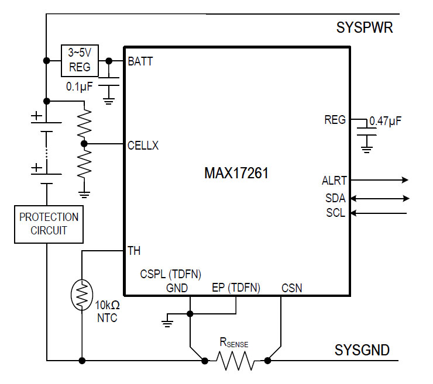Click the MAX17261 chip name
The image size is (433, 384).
(x=236, y=174)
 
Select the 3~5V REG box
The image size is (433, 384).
(x=80, y=61)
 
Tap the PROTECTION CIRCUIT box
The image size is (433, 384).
(x=49, y=223)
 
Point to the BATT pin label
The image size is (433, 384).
(x=140, y=61)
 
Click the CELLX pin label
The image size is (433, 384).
(x=143, y=146)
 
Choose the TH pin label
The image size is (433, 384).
(x=134, y=251)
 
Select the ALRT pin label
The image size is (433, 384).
(x=334, y=180)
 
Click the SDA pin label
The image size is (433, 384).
(x=335, y=198)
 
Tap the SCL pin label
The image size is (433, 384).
(x=335, y=213)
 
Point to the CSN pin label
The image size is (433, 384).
(x=292, y=288)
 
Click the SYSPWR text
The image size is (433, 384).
(x=365, y=27)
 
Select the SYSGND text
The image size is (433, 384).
(x=362, y=350)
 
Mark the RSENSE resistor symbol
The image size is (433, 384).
(x=236, y=361)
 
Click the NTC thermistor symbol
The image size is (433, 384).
(x=81, y=295)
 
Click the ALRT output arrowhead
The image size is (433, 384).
(x=404, y=180)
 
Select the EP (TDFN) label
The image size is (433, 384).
(x=236, y=288)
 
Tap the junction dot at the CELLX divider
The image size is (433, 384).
(x=84, y=143)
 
